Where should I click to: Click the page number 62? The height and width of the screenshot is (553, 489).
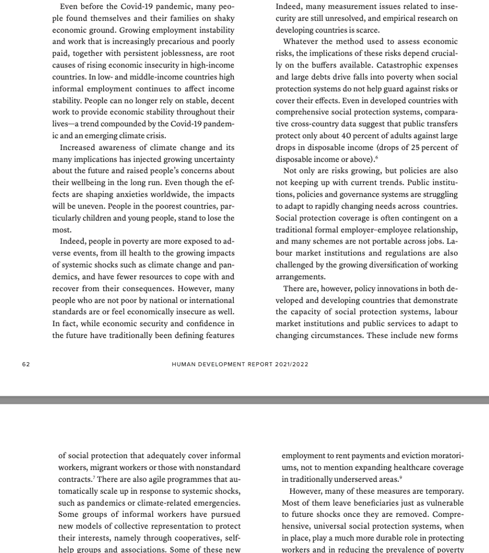[26, 365]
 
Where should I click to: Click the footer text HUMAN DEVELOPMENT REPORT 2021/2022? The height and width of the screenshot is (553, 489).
[240, 365]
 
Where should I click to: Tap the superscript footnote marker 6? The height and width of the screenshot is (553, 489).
[376, 158]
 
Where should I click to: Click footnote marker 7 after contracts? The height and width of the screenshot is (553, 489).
[94, 477]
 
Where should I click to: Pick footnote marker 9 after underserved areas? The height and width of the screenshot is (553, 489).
[401, 477]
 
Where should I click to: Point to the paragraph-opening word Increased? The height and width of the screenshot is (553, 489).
[80, 148]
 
